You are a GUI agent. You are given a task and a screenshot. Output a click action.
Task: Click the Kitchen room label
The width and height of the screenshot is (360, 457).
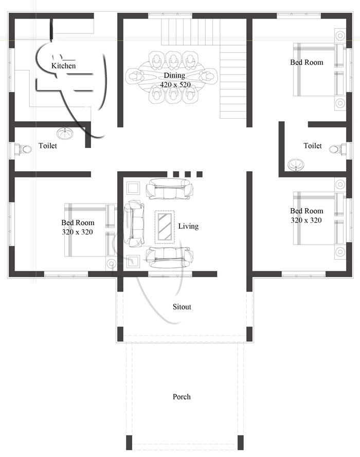(64, 66)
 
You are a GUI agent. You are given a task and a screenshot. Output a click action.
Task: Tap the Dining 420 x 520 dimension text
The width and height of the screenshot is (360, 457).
(174, 84)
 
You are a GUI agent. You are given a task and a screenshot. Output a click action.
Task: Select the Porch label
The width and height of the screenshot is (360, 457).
(182, 397)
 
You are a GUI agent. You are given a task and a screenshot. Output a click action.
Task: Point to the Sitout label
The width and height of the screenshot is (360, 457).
(182, 307)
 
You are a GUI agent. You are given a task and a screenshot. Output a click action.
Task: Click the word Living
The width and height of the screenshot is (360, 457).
(188, 226)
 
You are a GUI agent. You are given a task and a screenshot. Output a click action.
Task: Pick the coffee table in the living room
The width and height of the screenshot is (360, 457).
(165, 226)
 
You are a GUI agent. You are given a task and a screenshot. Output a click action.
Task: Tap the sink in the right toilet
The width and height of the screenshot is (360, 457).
(296, 165)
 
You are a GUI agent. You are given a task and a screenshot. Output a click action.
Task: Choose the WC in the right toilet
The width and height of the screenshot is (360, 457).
(336, 149)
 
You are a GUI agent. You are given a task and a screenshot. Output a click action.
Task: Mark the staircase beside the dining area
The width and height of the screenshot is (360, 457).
(235, 82)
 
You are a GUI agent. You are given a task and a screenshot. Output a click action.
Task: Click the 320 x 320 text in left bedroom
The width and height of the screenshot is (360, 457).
(77, 232)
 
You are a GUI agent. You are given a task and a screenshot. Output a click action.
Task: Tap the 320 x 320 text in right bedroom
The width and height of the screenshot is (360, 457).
(307, 220)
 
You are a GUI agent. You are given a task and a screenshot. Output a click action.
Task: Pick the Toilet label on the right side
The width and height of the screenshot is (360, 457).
(313, 146)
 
